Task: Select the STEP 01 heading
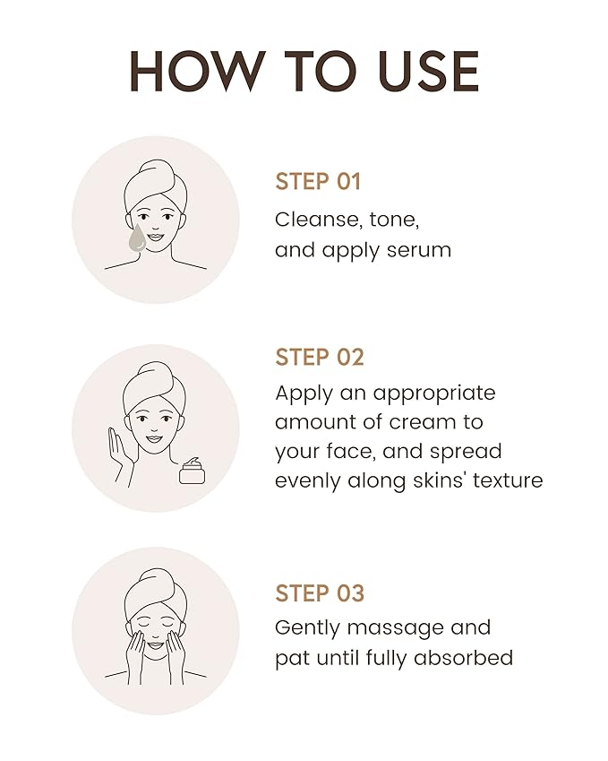pos(318,181)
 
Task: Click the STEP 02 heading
pos(320,357)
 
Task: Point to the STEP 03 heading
pos(320,593)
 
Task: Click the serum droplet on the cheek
pos(137,238)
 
